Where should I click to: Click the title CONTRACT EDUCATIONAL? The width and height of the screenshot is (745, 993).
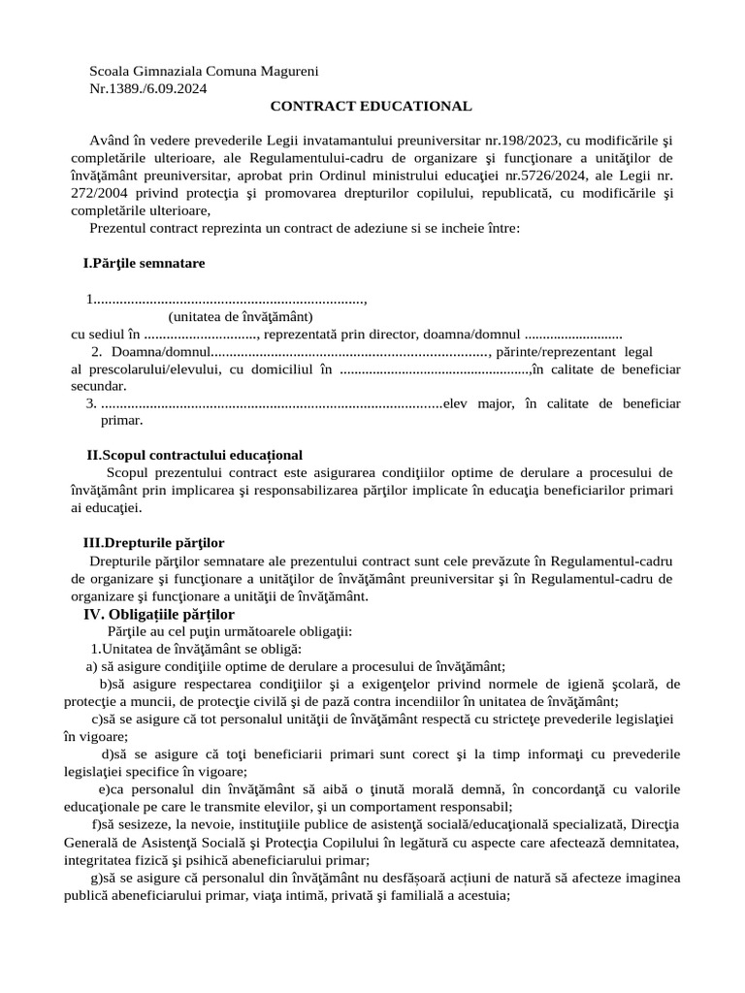click(372, 106)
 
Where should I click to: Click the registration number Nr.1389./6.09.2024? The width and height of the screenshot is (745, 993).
click(147, 88)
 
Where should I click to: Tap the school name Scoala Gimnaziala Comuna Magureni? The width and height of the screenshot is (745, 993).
click(204, 71)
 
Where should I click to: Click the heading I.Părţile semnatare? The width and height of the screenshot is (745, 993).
click(144, 263)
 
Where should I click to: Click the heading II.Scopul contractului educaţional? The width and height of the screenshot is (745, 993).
click(194, 455)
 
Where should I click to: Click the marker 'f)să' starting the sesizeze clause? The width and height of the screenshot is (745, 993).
click(104, 823)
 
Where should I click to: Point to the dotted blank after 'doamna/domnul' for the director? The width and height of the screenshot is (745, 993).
click(573, 334)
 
